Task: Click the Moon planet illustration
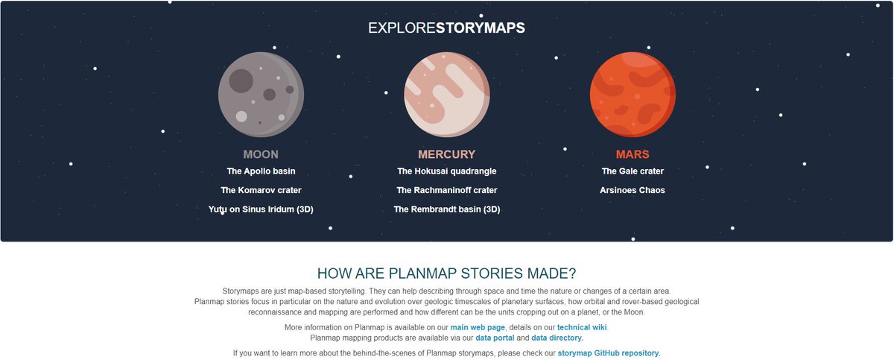[x=261, y=94]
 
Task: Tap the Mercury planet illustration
[x=446, y=94]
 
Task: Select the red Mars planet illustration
[x=633, y=94]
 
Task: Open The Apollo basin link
[x=261, y=171]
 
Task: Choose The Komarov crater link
[x=261, y=190]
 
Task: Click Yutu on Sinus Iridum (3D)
[x=261, y=209]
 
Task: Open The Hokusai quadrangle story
[x=446, y=171]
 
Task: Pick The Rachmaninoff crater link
[x=446, y=190]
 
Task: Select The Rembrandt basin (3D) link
[x=446, y=209]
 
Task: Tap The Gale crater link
[x=633, y=171]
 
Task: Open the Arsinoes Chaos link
[x=633, y=190]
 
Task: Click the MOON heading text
[x=261, y=155]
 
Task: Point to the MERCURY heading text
[x=446, y=155]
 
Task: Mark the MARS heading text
[x=633, y=155]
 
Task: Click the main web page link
[x=478, y=327]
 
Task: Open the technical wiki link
[x=582, y=327]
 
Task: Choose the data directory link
[x=557, y=338]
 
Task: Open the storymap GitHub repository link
[x=609, y=353]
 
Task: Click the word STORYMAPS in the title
[x=481, y=28]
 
